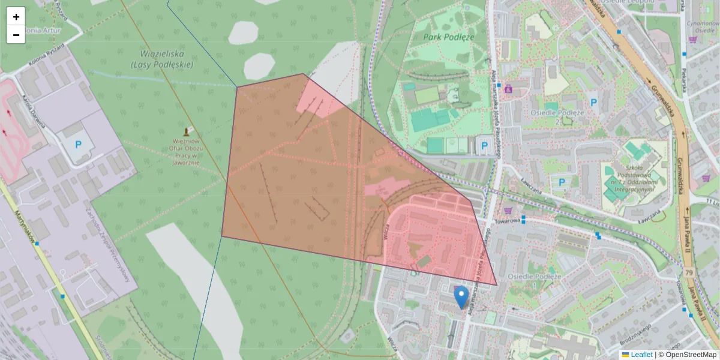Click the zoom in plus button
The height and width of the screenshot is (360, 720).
[x=16, y=17]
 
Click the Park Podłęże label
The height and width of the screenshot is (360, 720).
[x=448, y=37]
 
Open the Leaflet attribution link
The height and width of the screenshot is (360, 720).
[x=641, y=355]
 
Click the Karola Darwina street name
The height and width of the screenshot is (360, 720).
[x=34, y=111]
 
